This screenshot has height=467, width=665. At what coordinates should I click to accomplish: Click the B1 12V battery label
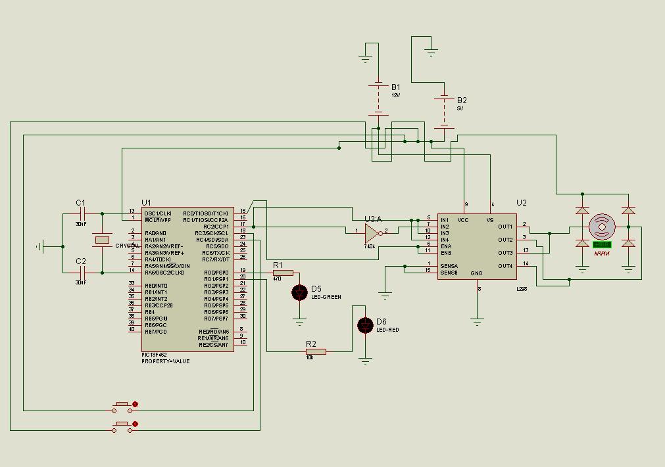click(395, 87)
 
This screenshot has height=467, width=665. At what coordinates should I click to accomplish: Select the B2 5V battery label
click(462, 100)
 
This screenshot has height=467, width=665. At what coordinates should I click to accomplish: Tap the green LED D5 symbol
click(299, 292)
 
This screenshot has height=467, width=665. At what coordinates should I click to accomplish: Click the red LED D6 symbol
click(365, 325)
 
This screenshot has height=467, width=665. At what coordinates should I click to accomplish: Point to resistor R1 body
click(283, 273)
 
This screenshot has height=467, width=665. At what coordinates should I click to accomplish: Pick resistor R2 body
click(316, 351)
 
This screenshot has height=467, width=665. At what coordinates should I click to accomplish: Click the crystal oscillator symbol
click(102, 240)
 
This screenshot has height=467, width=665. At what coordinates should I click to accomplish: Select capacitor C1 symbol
click(82, 213)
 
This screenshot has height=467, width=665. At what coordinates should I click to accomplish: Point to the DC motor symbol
click(602, 227)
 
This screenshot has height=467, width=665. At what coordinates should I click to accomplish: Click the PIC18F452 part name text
click(155, 355)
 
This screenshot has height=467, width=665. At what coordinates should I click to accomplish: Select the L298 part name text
click(522, 288)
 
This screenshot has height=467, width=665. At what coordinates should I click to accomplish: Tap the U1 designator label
click(146, 203)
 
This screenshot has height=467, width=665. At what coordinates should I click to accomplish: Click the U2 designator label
click(522, 203)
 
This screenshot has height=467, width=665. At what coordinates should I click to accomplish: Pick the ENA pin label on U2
click(446, 246)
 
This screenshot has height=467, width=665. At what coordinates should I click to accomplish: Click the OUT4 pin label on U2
click(505, 266)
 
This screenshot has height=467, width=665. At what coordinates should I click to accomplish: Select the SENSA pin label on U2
click(449, 266)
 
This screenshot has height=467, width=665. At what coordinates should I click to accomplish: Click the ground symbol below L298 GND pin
click(477, 322)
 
